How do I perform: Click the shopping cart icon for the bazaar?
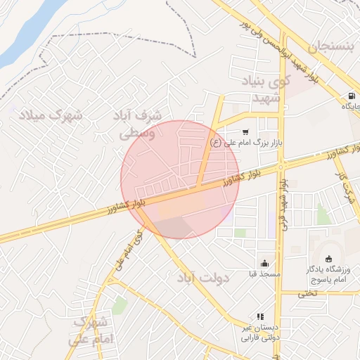tap(245, 131)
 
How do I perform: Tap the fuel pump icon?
tap(350, 96)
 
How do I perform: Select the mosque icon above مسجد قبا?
tap(264, 262)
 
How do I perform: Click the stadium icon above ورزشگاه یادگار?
tap(328, 259)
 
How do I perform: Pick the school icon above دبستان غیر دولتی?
tap(260, 317)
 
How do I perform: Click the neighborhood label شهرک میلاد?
tap(50, 114)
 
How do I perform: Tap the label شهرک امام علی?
tap(89, 331)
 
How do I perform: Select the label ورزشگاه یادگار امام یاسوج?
tap(327, 275)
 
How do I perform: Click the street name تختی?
tap(307, 293)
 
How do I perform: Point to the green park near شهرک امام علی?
tap(120, 305)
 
